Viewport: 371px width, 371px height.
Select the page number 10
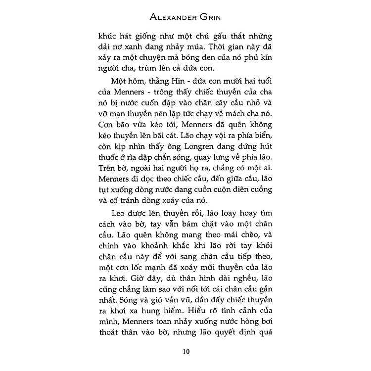coord(185,352)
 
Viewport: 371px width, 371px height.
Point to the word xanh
coord(133,50)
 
